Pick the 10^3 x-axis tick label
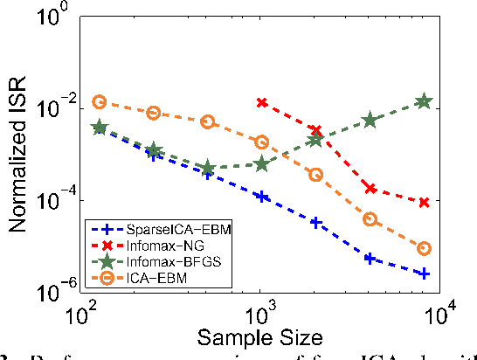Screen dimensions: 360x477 click(x=259, y=312)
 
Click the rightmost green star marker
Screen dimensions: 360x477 click(x=424, y=102)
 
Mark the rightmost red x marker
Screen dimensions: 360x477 click(x=424, y=202)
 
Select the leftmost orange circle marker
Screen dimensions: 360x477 click(x=100, y=102)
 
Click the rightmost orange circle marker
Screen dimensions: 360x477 click(x=424, y=249)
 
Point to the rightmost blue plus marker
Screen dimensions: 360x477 click(x=424, y=273)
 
